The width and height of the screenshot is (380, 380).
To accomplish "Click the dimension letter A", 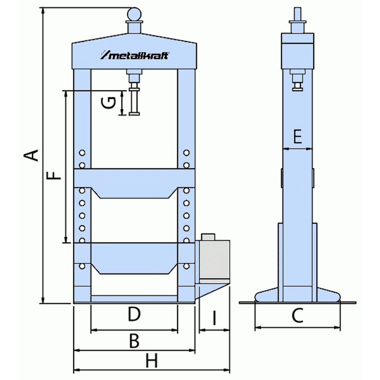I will pyautogui.click(x=31, y=155).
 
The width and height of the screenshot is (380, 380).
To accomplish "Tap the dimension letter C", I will pyautogui.click(x=297, y=316).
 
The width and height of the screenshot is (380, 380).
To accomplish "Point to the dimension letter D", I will pyautogui.click(x=134, y=314).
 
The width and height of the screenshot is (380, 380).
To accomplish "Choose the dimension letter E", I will pyautogui.click(x=297, y=137).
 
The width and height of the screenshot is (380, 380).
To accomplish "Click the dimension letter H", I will pyautogui.click(x=151, y=362).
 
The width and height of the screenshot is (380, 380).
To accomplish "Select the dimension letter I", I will pyautogui.click(x=214, y=319).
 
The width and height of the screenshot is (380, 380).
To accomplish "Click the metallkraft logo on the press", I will pyautogui.click(x=134, y=56).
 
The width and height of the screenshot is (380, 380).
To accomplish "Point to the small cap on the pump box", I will pyautogui.click(x=208, y=237).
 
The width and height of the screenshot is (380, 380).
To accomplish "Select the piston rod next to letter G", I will pyautogui.click(x=134, y=101).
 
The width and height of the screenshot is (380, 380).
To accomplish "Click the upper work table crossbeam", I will pyautogui.click(x=134, y=183).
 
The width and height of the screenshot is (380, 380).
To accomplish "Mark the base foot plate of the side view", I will pyautogui.click(x=297, y=296).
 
